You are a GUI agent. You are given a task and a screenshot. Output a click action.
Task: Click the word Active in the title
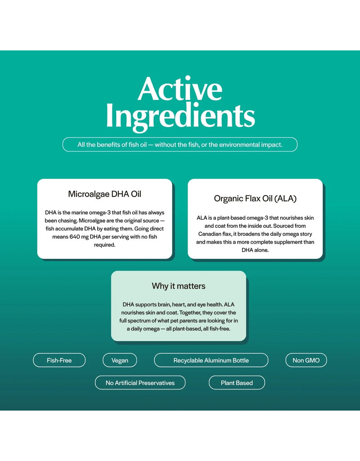(180, 89)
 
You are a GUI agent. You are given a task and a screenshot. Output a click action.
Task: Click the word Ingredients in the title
(180, 116)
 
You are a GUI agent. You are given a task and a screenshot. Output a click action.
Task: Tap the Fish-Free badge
(59, 360)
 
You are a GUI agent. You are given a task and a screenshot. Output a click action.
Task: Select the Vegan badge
(120, 360)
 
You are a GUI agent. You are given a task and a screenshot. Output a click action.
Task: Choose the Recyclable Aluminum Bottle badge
(211, 360)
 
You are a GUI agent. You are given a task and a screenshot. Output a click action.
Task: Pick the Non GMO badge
(306, 360)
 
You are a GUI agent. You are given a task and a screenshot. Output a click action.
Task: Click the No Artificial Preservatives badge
(140, 383)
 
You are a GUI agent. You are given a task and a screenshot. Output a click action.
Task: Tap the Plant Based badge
(237, 383)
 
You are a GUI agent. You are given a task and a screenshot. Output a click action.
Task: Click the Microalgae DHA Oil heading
(104, 194)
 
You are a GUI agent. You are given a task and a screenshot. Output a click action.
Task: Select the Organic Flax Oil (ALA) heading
(255, 199)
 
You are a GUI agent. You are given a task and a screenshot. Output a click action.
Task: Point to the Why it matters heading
(179, 286)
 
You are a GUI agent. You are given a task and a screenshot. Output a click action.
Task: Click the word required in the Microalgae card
(104, 244)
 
